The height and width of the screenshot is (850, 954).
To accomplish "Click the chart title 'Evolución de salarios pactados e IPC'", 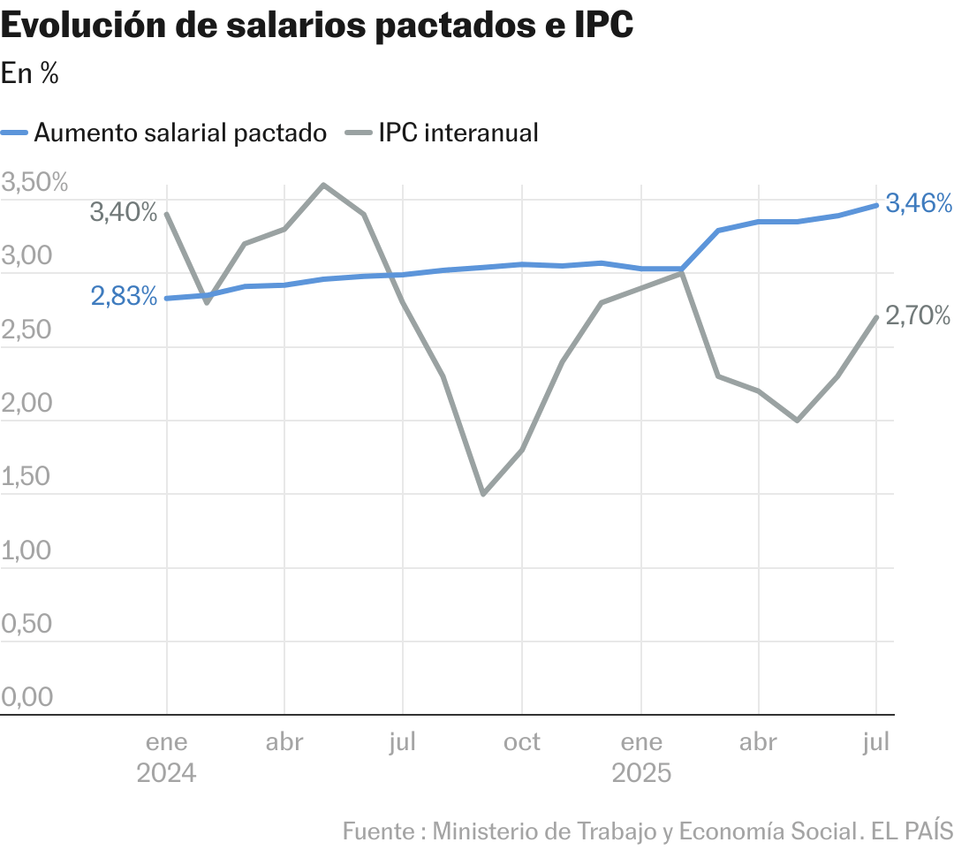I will point(317,27).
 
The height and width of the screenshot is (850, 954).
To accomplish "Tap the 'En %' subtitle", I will point(30,74).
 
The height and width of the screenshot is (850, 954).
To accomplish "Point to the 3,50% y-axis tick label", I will point(35,184).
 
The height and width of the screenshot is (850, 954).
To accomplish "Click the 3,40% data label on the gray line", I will point(124,212).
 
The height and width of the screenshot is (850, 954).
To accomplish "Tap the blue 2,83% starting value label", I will point(124,296).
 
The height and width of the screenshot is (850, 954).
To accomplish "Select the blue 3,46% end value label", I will point(919,203).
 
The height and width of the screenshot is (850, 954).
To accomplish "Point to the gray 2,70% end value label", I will point(919,315).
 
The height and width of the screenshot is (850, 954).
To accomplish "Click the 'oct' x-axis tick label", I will point(522,742).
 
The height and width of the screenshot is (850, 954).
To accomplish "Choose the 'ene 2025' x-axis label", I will point(641,757).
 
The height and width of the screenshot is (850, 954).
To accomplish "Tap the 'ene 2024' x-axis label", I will point(166,757).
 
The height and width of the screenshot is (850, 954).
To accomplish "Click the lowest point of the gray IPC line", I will point(482,494).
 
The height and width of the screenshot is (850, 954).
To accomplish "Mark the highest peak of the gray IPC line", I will point(323,185).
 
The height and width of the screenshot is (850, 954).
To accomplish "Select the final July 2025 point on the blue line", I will point(876,205).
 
